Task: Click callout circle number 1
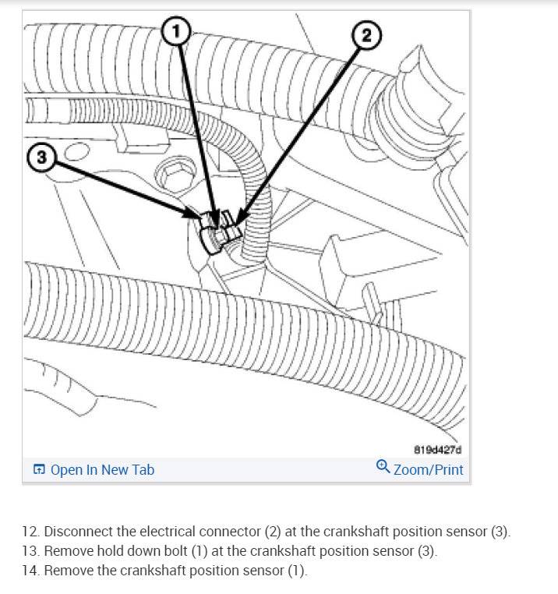pyautogui.click(x=176, y=32)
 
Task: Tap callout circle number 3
pyautogui.click(x=41, y=157)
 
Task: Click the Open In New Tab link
pyautogui.click(x=102, y=469)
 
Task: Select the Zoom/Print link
pyautogui.click(x=428, y=469)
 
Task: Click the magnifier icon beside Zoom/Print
pyautogui.click(x=383, y=467)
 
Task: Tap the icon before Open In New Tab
pyautogui.click(x=39, y=469)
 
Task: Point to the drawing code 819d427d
pyautogui.click(x=437, y=449)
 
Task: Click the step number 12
pyautogui.click(x=30, y=532)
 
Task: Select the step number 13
pyautogui.click(x=30, y=551)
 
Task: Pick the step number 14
pyautogui.click(x=30, y=571)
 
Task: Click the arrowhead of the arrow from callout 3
pyautogui.click(x=201, y=219)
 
